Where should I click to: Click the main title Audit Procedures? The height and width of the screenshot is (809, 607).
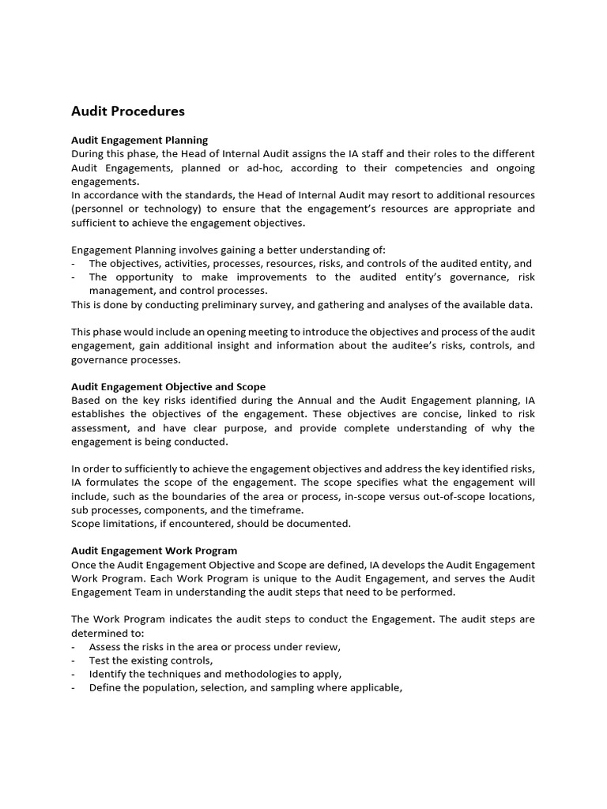click(128, 111)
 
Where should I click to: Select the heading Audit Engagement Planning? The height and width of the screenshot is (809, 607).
click(140, 140)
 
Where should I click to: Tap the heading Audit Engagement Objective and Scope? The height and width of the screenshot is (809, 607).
click(168, 386)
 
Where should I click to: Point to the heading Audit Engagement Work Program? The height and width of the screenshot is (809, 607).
click(154, 551)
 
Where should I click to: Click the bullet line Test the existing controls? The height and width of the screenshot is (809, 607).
click(151, 660)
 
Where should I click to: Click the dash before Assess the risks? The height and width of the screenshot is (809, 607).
click(74, 647)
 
